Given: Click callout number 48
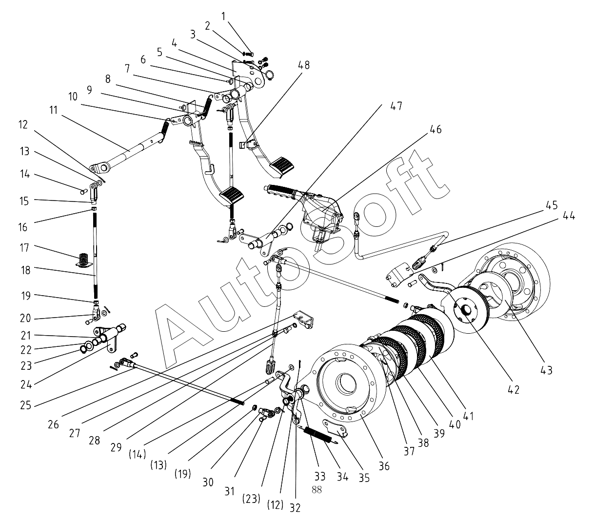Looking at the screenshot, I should pos(306,65).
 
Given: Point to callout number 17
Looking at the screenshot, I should pos(24,248).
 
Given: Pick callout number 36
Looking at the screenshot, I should pos(384,466).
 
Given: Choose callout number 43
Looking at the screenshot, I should pos(546,370).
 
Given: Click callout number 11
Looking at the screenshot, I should pos(53,110).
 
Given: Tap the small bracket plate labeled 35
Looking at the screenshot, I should pos(336,427).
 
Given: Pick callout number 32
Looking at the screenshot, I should pos(296,507).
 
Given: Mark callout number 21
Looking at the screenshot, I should pos(25,336).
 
